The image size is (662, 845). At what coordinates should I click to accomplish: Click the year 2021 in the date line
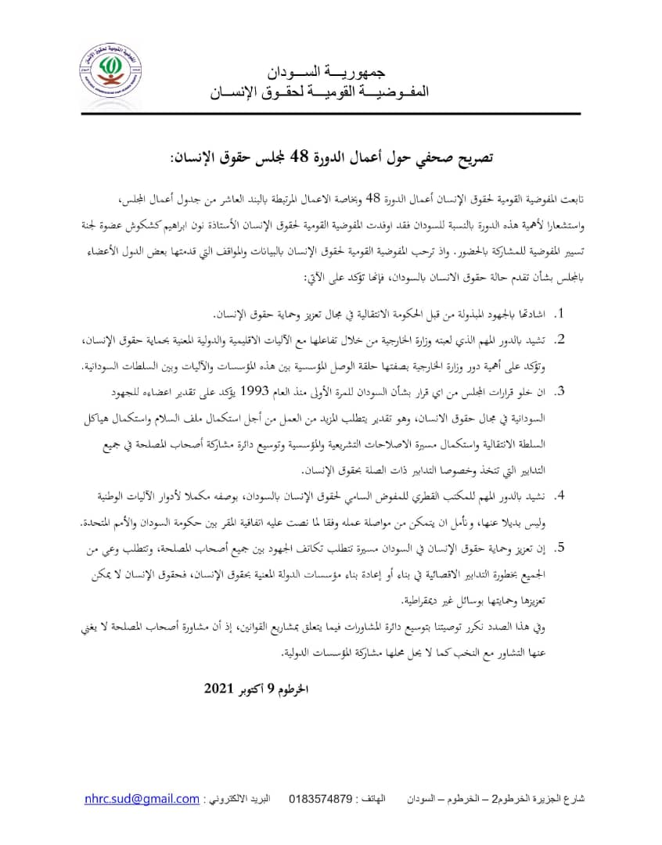221,689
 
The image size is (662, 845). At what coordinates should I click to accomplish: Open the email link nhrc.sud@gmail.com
142,799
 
